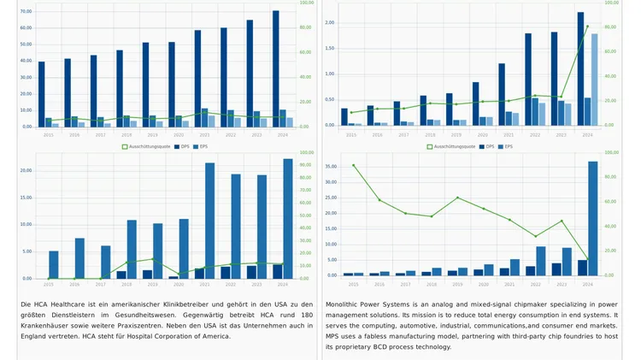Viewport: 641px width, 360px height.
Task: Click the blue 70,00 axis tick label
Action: [26, 12]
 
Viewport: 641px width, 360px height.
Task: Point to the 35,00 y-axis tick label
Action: [332, 168]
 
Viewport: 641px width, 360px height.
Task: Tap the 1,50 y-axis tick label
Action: [330, 49]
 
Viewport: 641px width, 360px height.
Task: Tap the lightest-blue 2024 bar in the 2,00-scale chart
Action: [595, 79]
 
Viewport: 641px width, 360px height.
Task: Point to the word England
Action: [37, 335]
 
